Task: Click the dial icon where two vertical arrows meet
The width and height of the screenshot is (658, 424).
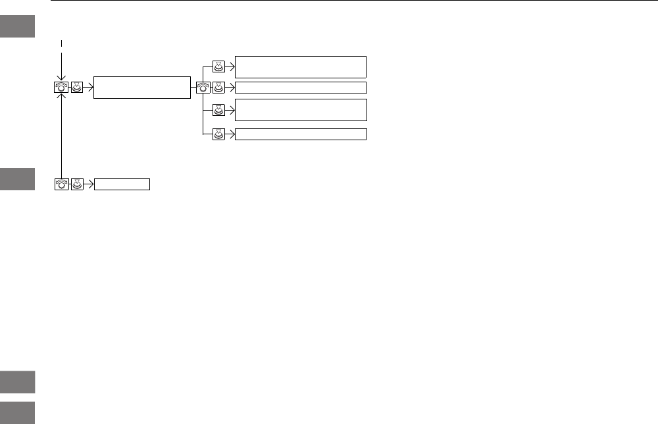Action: tap(61, 87)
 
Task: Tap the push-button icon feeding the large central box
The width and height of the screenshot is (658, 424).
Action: tap(77, 87)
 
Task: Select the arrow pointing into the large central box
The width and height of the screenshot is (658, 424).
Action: tap(89, 87)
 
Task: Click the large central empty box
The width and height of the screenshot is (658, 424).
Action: tap(142, 87)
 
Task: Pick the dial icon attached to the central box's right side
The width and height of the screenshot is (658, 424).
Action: tap(203, 87)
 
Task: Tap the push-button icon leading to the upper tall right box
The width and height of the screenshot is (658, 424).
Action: tap(219, 66)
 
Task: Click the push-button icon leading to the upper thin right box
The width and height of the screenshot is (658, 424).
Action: tap(219, 87)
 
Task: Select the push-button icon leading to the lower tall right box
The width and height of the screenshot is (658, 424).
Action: tap(219, 110)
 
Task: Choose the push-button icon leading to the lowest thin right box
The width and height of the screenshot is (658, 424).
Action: tap(219, 134)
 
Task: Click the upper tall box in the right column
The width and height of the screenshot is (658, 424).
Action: tap(300, 66)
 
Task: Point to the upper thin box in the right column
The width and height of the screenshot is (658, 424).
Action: tap(300, 88)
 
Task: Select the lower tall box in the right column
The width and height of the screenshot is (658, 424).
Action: tap(300, 110)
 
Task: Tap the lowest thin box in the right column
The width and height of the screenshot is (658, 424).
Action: tap(300, 134)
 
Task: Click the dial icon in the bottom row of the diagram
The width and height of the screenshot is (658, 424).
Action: tap(61, 184)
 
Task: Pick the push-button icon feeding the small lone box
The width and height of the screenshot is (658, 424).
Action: tap(77, 184)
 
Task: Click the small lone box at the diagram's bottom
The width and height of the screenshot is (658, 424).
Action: tap(122, 184)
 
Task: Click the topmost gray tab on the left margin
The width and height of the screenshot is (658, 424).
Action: tap(17, 26)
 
